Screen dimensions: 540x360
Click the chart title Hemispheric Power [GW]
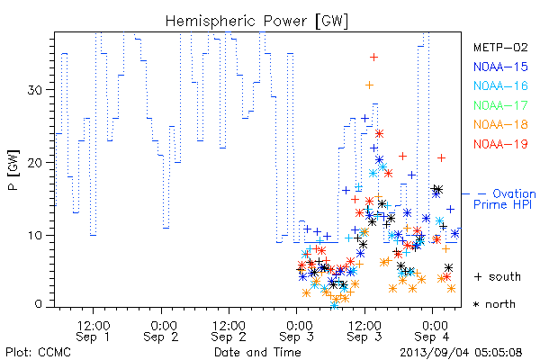pos(256,22)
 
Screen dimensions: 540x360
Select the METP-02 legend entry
pos(500,47)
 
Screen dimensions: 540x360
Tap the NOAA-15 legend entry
pos(500,67)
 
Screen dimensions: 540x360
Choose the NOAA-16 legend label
pos(500,85)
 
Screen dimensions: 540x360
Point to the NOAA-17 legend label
pos(500,105)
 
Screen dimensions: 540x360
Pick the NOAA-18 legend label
pos(500,124)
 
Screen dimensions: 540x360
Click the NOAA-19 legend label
pos(500,144)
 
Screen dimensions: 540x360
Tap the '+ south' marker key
pos(498,276)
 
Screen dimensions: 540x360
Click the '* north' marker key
pos(494,304)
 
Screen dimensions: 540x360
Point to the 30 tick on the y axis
pos(35,90)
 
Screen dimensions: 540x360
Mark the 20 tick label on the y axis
pos(35,163)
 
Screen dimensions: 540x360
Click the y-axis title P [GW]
pos(13,170)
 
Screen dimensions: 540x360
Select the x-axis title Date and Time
pos(257,352)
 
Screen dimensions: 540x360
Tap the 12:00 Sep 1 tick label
pos(94,331)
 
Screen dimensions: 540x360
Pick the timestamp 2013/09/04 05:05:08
pos(461,353)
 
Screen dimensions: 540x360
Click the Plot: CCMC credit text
pos(38,352)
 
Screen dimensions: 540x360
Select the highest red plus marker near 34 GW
pos(374,58)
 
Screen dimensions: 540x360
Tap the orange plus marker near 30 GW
pos(369,85)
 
